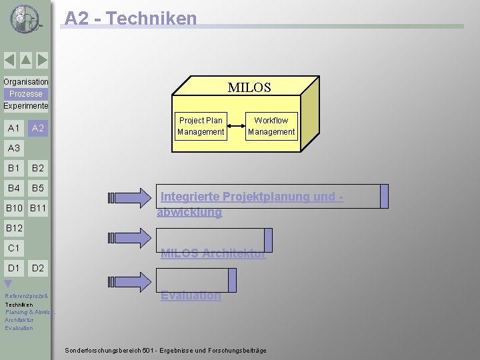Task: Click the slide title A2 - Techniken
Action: tap(131, 18)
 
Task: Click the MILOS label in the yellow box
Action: tap(249, 87)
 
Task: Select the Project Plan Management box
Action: tap(201, 126)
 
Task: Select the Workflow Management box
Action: tap(271, 126)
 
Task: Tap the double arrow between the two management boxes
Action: tap(235, 126)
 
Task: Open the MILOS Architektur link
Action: tap(213, 253)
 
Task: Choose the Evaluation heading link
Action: tap(191, 295)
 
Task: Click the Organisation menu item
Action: tap(26, 82)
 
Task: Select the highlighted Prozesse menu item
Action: tap(26, 94)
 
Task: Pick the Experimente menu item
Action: tap(26, 106)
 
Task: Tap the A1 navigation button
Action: tap(13, 128)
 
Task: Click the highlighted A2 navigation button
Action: tap(38, 128)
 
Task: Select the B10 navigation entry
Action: tap(14, 209)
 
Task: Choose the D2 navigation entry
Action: tap(38, 268)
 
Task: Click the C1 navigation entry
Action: tap(13, 248)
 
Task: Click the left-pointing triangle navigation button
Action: tap(9, 61)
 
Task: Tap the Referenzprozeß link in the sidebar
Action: tap(25, 296)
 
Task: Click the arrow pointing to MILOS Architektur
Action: tap(130, 238)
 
